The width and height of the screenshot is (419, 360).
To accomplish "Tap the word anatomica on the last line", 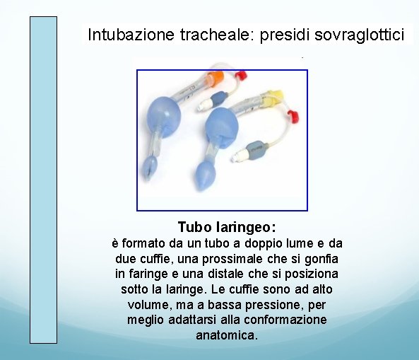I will point(226,335).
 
